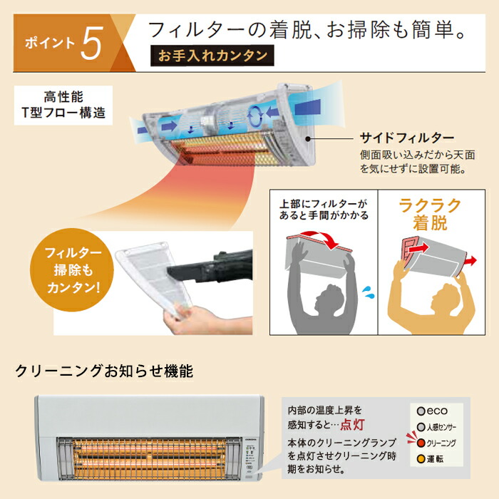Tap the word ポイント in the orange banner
point(48,42)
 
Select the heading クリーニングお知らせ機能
point(103,371)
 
